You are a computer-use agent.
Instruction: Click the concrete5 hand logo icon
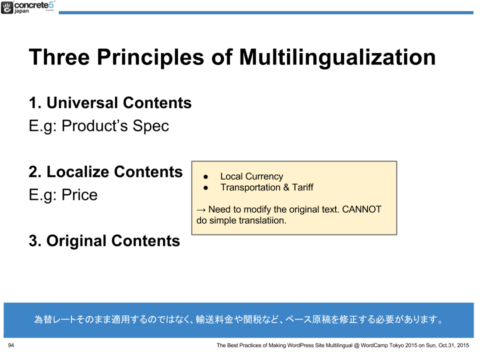[x=7, y=7]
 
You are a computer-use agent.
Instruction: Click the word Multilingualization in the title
[x=337, y=57]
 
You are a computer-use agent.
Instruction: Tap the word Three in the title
[x=59, y=57]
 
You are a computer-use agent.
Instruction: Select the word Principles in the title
[x=150, y=57]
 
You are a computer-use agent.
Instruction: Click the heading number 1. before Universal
[x=35, y=103]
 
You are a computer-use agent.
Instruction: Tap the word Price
[x=79, y=195]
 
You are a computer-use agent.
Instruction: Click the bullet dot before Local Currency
[x=205, y=177]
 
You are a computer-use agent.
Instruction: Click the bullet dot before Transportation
[x=205, y=187]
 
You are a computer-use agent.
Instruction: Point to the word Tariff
[x=302, y=187]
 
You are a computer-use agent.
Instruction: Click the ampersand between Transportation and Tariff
[x=286, y=187]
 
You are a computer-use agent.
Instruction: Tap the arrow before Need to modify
[x=201, y=210]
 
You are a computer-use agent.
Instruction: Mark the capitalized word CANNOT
[x=362, y=209]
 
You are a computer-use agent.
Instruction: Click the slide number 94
[x=11, y=345]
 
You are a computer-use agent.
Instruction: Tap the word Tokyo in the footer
[x=396, y=345]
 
